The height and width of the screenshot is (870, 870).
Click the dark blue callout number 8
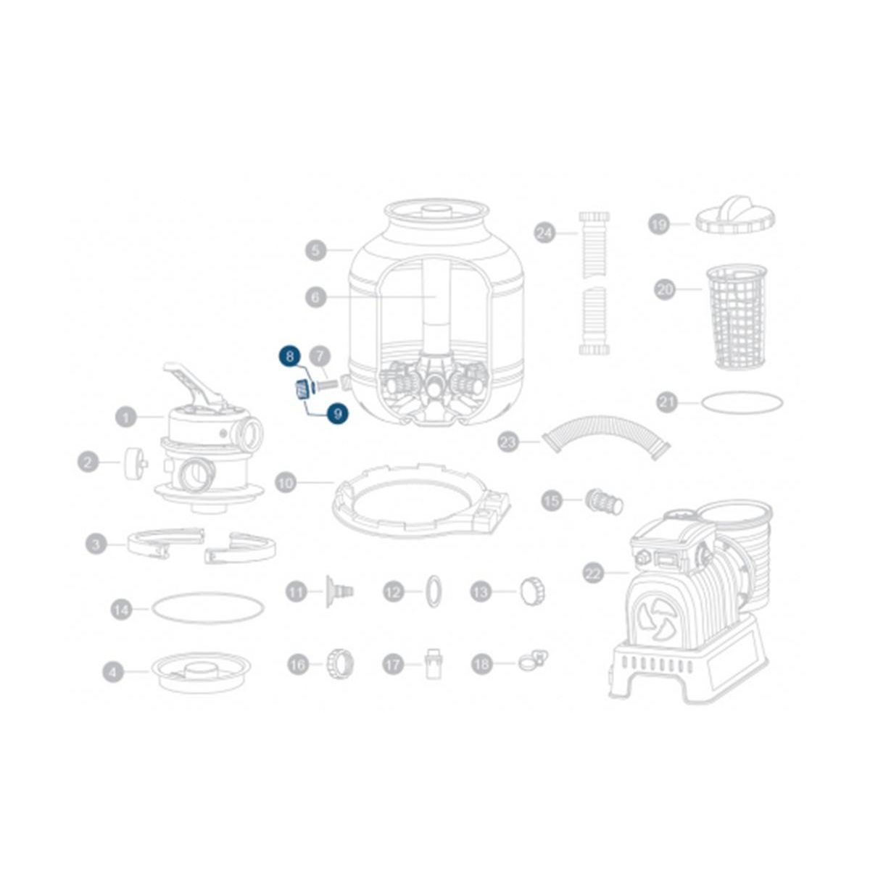pos(290,356)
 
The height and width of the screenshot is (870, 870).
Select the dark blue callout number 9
pos(337,414)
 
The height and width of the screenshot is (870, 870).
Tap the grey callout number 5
pos(315,251)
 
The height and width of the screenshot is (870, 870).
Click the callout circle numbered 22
pos(594,573)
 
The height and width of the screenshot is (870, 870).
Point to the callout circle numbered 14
pos(122,610)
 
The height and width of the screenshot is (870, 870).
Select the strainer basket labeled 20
pos(736,316)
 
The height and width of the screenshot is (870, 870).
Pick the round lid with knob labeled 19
pos(736,215)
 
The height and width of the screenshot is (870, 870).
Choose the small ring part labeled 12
pos(433,592)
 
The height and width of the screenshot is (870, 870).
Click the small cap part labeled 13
pos(532,592)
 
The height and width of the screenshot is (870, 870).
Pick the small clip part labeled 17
pos(434,663)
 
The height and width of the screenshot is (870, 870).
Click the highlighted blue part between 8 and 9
pos(301,390)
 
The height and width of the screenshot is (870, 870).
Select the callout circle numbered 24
pos(544,233)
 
